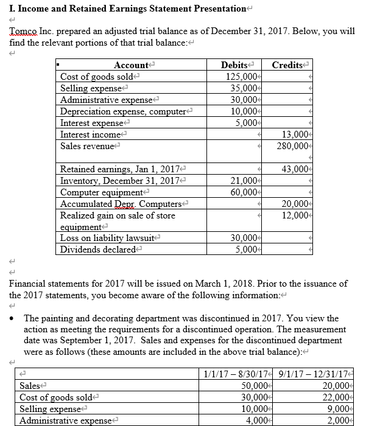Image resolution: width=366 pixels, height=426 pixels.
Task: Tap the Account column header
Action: click(x=131, y=65)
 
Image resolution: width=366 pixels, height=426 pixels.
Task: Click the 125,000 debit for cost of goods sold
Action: click(x=240, y=77)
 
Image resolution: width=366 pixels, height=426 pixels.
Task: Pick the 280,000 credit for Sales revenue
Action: click(x=295, y=146)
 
